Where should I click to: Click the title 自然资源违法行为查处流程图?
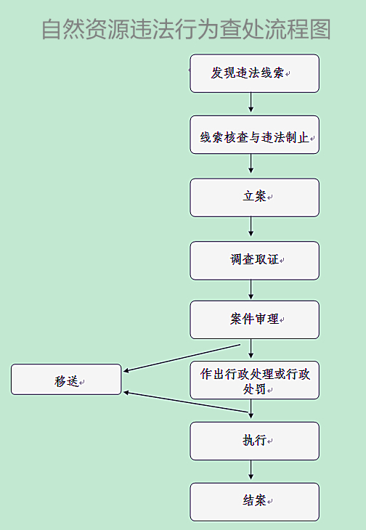click(186, 29)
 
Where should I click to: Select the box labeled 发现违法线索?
click(254, 73)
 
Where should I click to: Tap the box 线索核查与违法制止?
click(254, 135)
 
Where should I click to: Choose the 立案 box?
click(254, 197)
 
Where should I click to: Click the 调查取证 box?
click(254, 261)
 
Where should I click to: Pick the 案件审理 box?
click(254, 319)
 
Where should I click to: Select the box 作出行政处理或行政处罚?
click(254, 380)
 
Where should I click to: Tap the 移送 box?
click(66, 379)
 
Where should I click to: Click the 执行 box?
click(254, 441)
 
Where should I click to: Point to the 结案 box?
click(254, 502)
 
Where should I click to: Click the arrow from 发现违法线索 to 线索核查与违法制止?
click(251, 102)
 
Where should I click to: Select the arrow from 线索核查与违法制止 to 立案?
click(251, 164)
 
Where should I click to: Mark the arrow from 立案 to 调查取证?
click(251, 227)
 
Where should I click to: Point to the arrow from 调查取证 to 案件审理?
click(251, 290)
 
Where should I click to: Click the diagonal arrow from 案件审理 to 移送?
click(182, 358)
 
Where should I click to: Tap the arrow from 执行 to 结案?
click(251, 470)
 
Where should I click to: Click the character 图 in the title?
click(320, 29)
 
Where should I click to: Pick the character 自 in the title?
click(52, 30)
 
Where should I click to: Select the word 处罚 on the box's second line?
click(254, 389)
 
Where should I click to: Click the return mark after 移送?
click(82, 383)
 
